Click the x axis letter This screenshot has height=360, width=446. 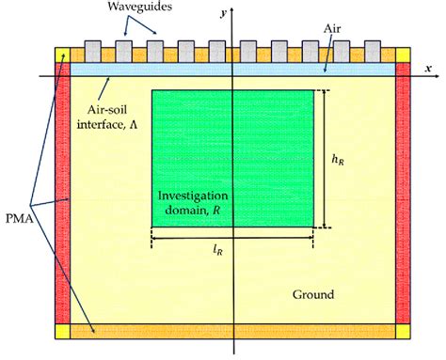pyautogui.click(x=427, y=69)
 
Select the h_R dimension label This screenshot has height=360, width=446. pyautogui.click(x=337, y=161)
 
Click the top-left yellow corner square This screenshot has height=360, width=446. pyautogui.click(x=62, y=54)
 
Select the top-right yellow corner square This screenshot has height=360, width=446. pyautogui.click(x=403, y=54)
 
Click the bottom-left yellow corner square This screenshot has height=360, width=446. pyautogui.click(x=62, y=330)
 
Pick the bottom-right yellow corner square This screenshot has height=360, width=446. pyautogui.click(x=403, y=330)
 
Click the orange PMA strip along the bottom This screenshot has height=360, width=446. pyautogui.click(x=232, y=330)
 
